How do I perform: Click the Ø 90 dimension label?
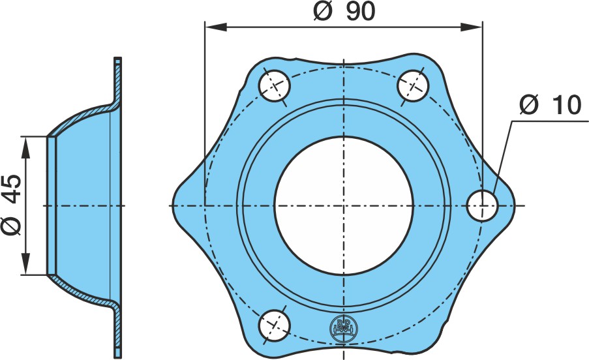[x=344, y=12]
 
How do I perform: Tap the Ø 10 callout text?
[x=551, y=105]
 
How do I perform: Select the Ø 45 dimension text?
[x=11, y=205]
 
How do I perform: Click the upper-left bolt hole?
[x=275, y=86]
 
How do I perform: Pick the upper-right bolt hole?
[x=413, y=86]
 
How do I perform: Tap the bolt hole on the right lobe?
[x=482, y=205]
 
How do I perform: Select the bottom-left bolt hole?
[x=275, y=325]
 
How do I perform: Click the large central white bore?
[x=344, y=205]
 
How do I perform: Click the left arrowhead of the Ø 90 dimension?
[x=216, y=27]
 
